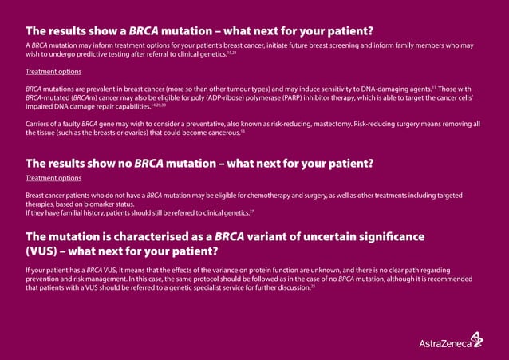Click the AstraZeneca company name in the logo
click(x=443, y=344)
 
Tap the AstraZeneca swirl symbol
click(x=476, y=339)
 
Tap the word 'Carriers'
click(x=38, y=124)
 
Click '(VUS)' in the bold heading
click(x=45, y=251)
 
